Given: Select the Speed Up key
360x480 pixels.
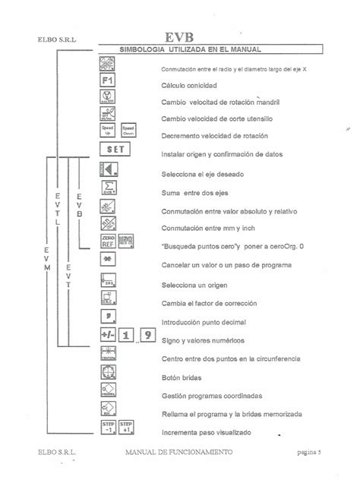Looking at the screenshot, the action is coord(107,132).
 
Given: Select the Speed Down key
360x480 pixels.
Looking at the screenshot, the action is coord(128,132).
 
